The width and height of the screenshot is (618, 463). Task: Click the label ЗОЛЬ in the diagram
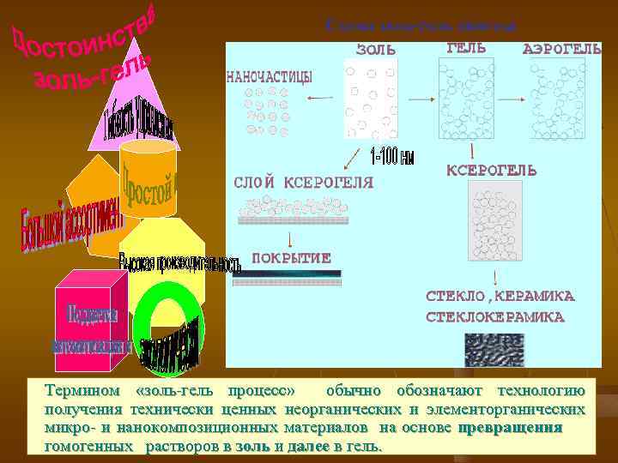click(x=376, y=50)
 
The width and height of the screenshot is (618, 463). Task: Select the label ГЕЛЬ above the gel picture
click(x=467, y=48)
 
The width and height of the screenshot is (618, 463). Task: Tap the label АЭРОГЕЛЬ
click(x=561, y=50)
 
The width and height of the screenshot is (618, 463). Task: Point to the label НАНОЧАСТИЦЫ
click(x=269, y=76)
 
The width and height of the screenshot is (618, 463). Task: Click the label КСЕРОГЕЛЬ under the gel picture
click(x=492, y=171)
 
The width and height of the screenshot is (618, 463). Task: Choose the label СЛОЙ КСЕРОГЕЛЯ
click(x=304, y=182)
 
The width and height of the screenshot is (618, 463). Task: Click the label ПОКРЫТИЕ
click(x=291, y=258)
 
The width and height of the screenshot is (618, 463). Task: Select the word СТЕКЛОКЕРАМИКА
click(x=495, y=316)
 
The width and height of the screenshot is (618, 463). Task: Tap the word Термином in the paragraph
click(x=83, y=392)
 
